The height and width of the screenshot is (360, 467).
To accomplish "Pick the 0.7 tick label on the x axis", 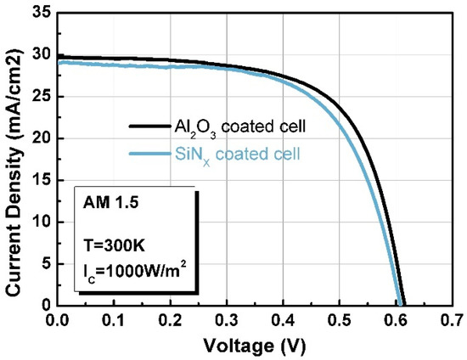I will click(x=451, y=321).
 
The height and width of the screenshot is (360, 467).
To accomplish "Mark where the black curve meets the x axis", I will click(x=404, y=304).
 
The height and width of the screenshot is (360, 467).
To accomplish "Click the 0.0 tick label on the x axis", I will click(x=59, y=321).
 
